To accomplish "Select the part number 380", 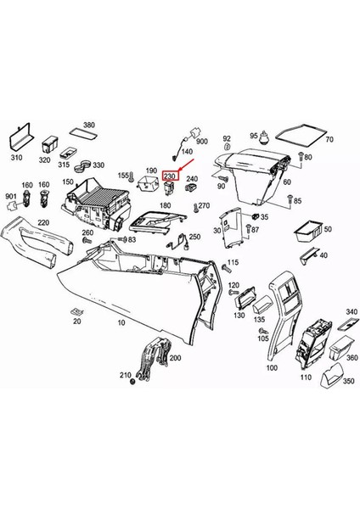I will pos(89,125).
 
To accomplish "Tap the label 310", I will pos(16,158).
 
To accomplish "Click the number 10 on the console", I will pos(121,322).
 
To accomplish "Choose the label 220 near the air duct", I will pos(43,222).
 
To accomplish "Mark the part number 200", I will pos(176,359).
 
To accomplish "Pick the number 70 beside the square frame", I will pos(329,138).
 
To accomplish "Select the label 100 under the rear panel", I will pos(271,368).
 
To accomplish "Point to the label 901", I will pos(10,198).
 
